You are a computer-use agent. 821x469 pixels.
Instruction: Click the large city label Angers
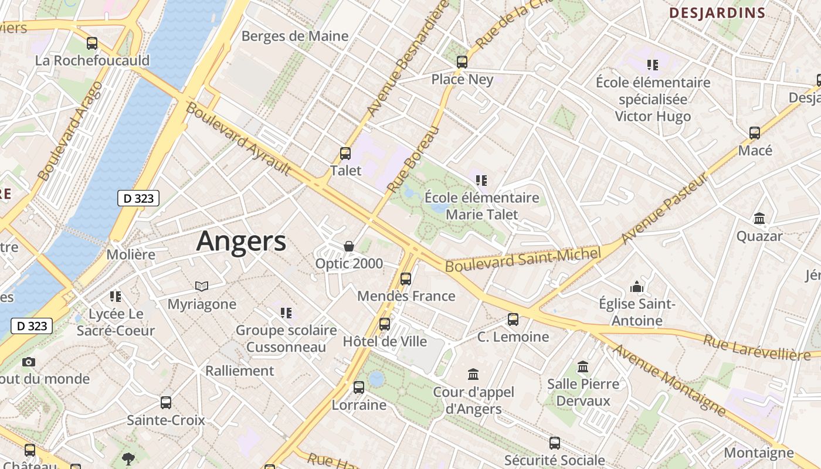pyautogui.click(x=241, y=241)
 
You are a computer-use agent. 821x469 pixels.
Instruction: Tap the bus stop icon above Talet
pyautogui.click(x=345, y=154)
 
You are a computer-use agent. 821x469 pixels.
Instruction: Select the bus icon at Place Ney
pyautogui.click(x=462, y=62)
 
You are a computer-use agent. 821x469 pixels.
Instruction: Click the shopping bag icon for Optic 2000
pyautogui.click(x=349, y=246)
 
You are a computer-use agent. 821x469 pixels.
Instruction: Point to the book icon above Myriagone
pyautogui.click(x=202, y=286)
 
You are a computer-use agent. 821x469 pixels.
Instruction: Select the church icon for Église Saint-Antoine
pyautogui.click(x=637, y=287)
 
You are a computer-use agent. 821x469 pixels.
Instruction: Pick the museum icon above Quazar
pyautogui.click(x=759, y=219)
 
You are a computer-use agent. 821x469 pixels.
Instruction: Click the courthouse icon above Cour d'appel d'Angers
pyautogui.click(x=473, y=374)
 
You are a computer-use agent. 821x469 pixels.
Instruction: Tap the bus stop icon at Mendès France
pyautogui.click(x=406, y=279)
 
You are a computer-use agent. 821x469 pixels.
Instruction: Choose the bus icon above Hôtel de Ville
pyautogui.click(x=385, y=324)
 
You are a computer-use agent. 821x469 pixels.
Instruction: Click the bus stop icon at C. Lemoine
pyautogui.click(x=513, y=320)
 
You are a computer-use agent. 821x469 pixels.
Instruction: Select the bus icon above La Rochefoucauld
pyautogui.click(x=92, y=43)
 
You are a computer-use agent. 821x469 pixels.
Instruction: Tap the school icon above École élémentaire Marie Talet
pyautogui.click(x=481, y=181)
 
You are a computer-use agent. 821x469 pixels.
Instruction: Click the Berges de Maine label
pyautogui.click(x=295, y=36)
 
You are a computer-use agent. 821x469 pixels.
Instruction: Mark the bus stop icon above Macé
pyautogui.click(x=755, y=133)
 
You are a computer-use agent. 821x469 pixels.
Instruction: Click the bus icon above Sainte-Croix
pyautogui.click(x=166, y=403)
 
